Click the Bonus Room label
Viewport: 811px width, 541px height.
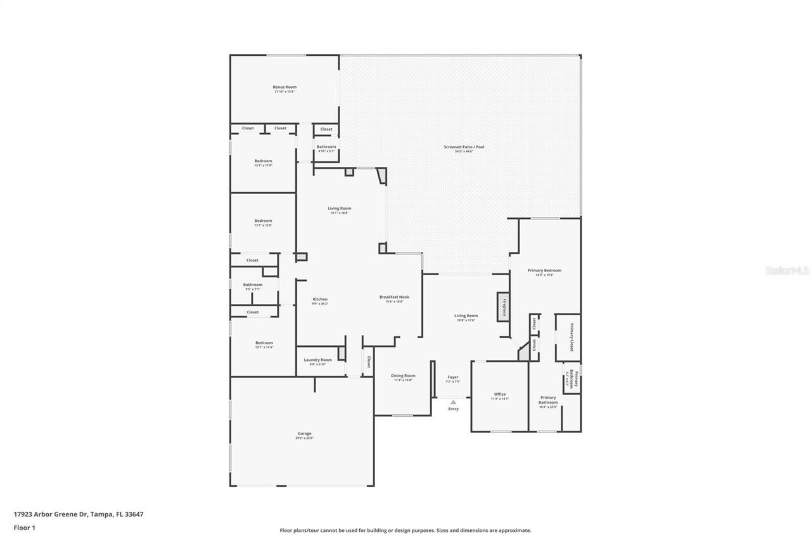(284, 87)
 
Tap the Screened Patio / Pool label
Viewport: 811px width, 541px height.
(464, 147)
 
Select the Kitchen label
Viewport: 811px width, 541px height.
(320, 299)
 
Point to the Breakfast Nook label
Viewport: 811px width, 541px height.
(394, 297)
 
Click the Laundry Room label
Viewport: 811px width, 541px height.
(317, 360)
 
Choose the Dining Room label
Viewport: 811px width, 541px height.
(403, 375)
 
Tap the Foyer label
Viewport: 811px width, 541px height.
(452, 377)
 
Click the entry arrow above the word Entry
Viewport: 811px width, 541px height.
(453, 401)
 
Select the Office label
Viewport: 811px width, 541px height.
(500, 394)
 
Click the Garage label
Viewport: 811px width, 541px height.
(304, 434)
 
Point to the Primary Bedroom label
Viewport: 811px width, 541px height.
(544, 270)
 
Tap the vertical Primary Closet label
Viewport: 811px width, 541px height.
(572, 337)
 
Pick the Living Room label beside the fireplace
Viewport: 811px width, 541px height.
(466, 316)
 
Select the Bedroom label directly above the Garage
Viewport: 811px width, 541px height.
(264, 342)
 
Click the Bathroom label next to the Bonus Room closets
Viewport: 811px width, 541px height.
(326, 147)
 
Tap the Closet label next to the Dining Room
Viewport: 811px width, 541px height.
(368, 362)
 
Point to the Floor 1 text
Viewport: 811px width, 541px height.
(24, 528)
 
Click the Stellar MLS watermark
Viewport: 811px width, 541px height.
(787, 270)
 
